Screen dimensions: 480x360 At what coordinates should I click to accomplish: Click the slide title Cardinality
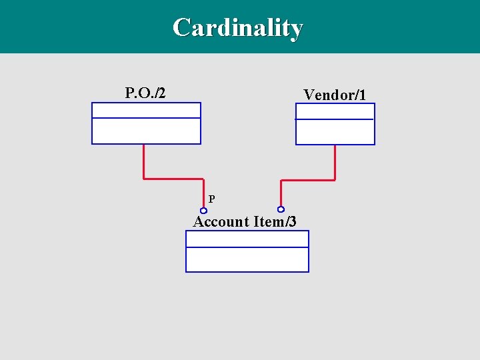(237, 28)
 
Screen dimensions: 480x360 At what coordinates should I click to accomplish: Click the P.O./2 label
(145, 92)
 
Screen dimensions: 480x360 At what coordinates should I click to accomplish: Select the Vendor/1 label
(335, 95)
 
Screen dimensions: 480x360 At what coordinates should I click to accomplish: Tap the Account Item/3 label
(245, 221)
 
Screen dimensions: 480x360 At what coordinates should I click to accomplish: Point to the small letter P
(211, 199)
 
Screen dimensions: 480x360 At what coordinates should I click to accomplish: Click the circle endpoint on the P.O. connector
(204, 211)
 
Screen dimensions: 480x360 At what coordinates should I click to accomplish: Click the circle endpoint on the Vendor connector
(281, 209)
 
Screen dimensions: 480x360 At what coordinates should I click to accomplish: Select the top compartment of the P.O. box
(146, 110)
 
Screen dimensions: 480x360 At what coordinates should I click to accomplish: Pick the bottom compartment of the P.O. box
(146, 131)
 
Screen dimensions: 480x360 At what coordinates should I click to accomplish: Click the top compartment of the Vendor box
(335, 111)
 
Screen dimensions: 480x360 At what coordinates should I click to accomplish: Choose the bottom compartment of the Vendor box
(335, 132)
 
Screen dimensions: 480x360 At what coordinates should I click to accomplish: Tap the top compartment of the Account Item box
(247, 239)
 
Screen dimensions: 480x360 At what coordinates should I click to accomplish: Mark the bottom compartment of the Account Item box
(247, 259)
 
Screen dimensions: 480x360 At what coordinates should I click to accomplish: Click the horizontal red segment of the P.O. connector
(173, 179)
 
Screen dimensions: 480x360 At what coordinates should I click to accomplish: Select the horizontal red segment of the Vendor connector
(308, 180)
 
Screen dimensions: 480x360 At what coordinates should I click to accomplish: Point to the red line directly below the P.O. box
(143, 161)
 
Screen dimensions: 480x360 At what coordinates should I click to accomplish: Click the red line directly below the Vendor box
(335, 162)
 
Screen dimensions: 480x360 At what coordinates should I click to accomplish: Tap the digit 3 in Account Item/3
(291, 221)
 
